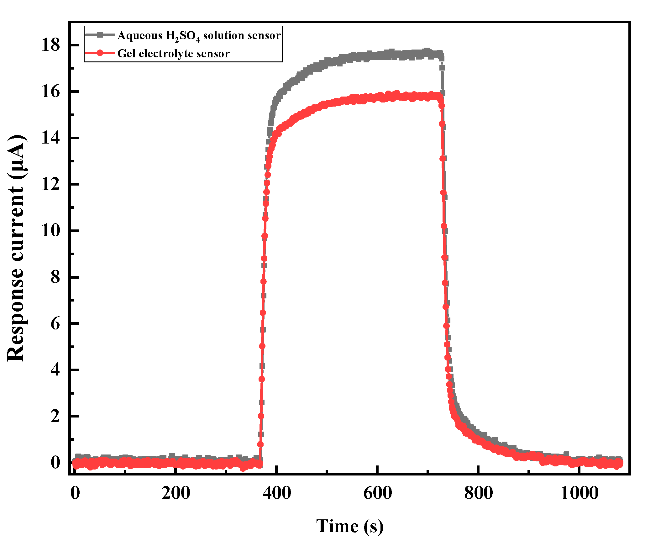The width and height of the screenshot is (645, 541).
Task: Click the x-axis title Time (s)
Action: click(x=349, y=526)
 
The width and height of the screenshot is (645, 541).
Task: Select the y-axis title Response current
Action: click(x=16, y=248)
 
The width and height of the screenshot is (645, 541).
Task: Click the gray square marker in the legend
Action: click(x=100, y=35)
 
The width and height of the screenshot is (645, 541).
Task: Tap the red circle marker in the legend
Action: click(x=100, y=53)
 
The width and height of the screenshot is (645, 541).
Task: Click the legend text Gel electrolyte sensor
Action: click(x=173, y=54)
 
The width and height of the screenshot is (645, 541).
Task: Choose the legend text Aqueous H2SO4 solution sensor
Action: click(x=199, y=35)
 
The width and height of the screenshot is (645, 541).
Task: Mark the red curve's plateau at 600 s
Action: click(x=377, y=97)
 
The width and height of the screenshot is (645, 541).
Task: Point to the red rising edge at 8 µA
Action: click(x=264, y=277)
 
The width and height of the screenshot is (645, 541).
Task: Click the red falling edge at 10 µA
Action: click(x=444, y=231)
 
